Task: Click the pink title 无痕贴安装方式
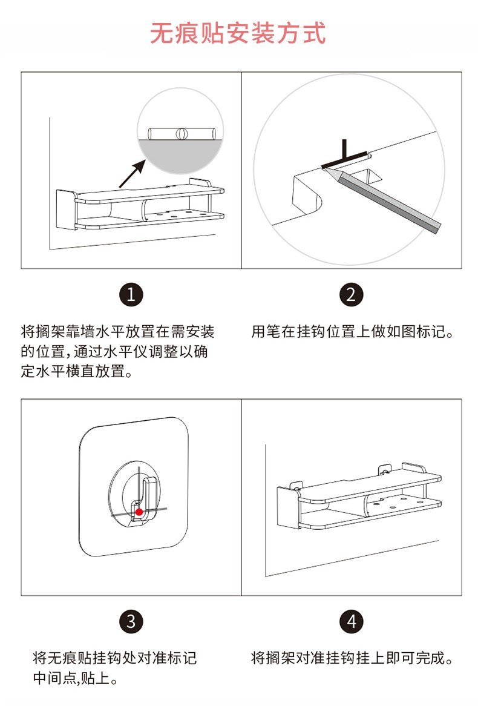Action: [x=238, y=33]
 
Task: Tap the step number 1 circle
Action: [x=131, y=295]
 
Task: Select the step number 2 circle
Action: [x=351, y=295]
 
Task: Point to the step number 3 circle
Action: [x=131, y=621]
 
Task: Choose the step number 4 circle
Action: [x=351, y=621]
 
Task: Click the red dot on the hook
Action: [x=139, y=512]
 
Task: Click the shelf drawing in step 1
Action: [x=140, y=206]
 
